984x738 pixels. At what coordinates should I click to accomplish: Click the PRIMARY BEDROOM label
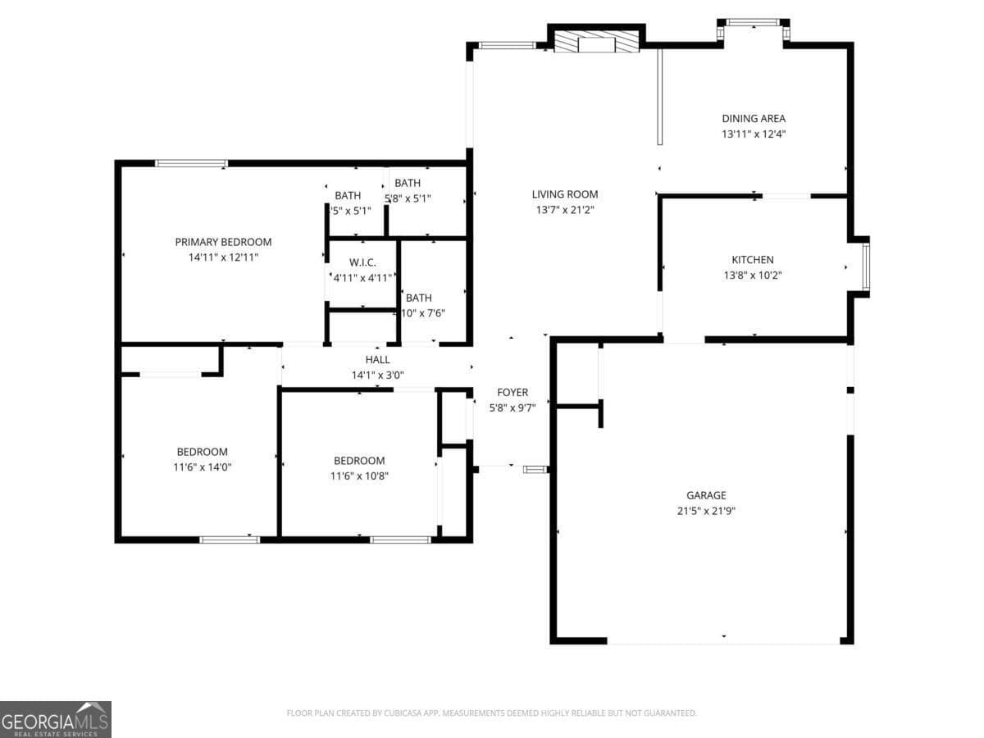coord(223,242)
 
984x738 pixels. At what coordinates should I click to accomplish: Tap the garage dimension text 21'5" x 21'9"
coord(706,510)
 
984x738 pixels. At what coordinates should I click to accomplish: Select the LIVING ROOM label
coord(565,194)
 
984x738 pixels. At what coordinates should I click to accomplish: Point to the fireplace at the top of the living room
coord(595,40)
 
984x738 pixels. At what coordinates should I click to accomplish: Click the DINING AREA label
coord(753,118)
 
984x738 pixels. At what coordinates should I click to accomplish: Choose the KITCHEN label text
coord(752,260)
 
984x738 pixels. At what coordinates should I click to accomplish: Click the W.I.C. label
coord(362,262)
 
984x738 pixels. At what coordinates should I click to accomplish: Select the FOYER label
coord(512,393)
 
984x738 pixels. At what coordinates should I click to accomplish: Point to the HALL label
coord(377,360)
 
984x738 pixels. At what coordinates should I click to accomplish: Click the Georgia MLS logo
coord(55,719)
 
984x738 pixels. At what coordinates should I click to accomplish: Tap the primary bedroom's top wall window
coord(191,163)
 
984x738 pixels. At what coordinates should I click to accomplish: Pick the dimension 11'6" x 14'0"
coord(202,467)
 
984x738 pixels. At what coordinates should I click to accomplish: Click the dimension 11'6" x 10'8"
coord(358,476)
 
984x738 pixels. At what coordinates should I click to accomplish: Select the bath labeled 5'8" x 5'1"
coord(408,198)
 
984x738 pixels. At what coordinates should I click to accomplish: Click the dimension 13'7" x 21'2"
coord(565,210)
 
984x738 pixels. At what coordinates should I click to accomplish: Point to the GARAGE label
coord(706,495)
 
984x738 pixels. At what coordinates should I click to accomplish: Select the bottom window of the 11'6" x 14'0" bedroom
coord(230,540)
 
